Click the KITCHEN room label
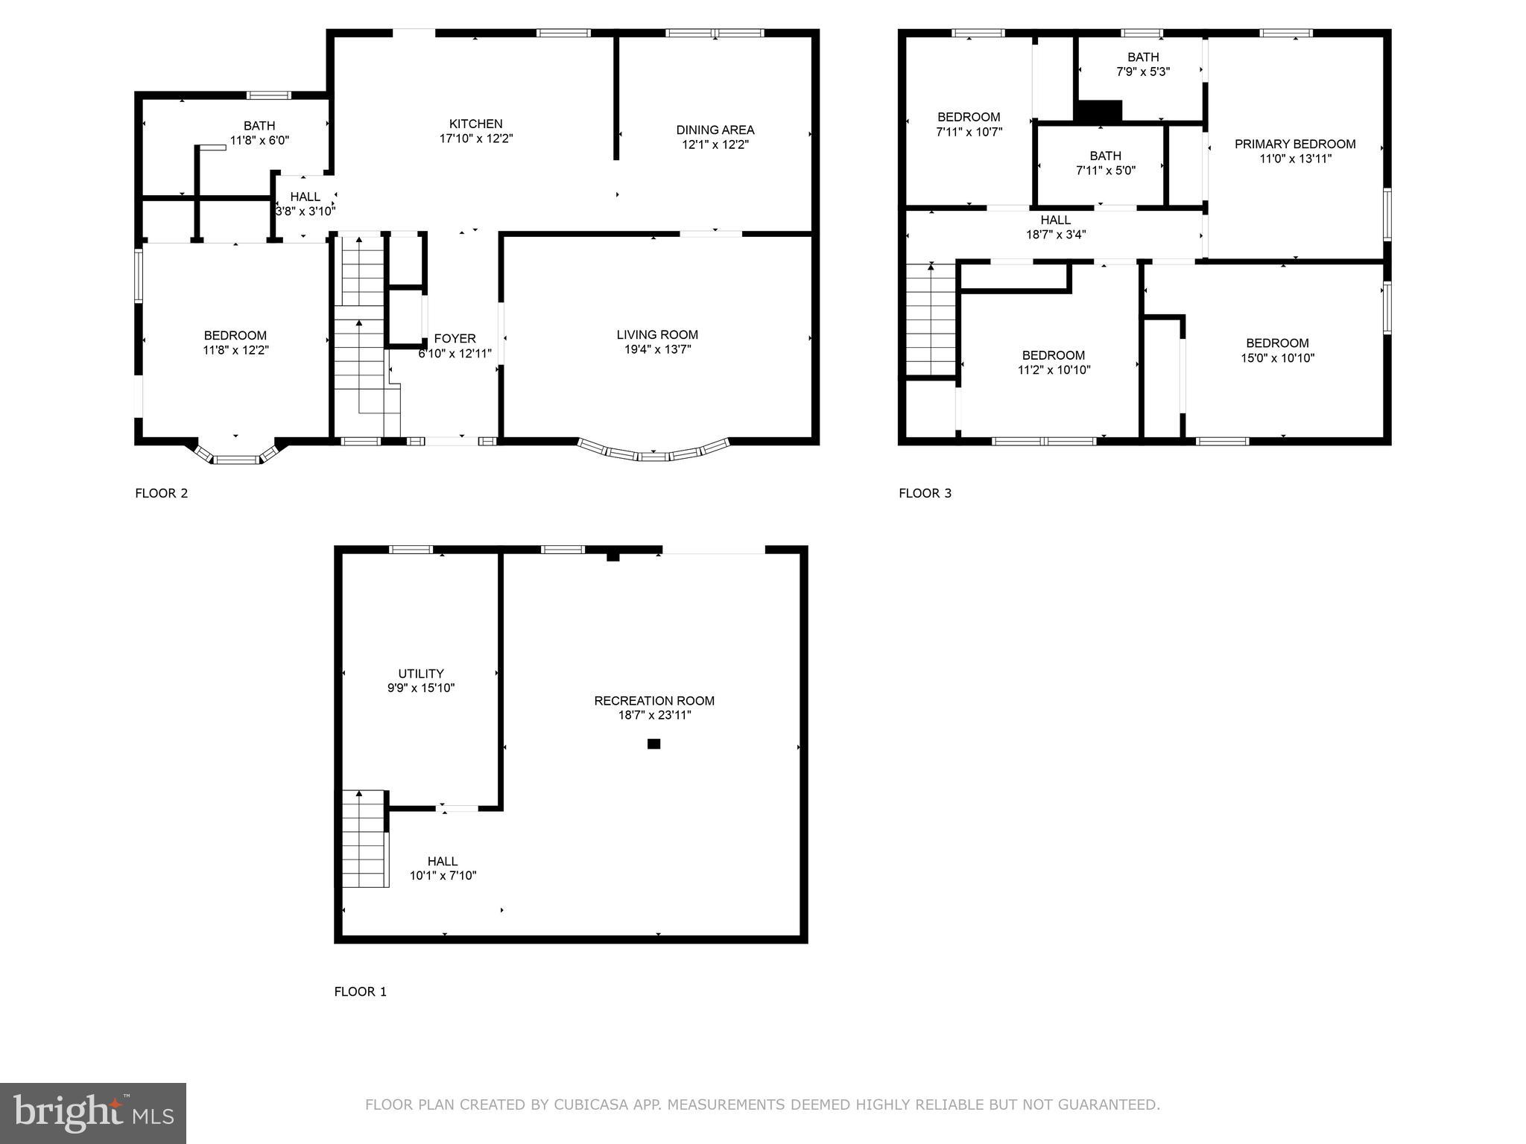tap(475, 124)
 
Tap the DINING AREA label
tap(715, 130)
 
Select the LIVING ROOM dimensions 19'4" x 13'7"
tap(657, 349)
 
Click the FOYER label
tap(455, 339)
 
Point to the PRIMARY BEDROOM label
tap(1294, 144)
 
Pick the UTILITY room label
tap(420, 673)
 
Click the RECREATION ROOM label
tap(653, 701)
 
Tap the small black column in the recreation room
tap(653, 743)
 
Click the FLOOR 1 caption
tap(360, 991)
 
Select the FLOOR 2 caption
tap(161, 493)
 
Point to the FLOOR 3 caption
tap(925, 493)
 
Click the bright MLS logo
tap(93, 1113)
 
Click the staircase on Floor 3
tap(931, 320)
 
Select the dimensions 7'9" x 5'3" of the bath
tap(1142, 72)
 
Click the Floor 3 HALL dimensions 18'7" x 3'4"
tap(1055, 235)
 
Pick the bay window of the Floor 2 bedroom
tap(236, 455)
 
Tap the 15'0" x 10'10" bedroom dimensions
tap(1277, 357)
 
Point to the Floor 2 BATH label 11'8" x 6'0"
tap(259, 126)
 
